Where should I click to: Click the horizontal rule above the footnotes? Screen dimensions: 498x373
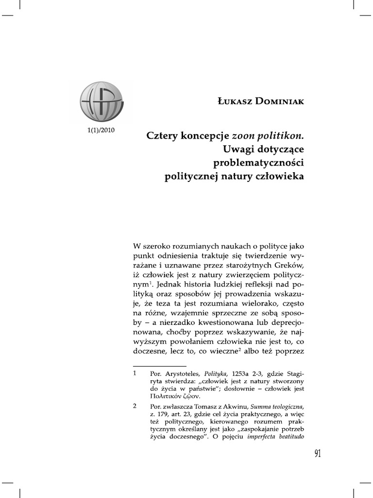point(159,366)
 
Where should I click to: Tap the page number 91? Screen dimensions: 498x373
point(318,454)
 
